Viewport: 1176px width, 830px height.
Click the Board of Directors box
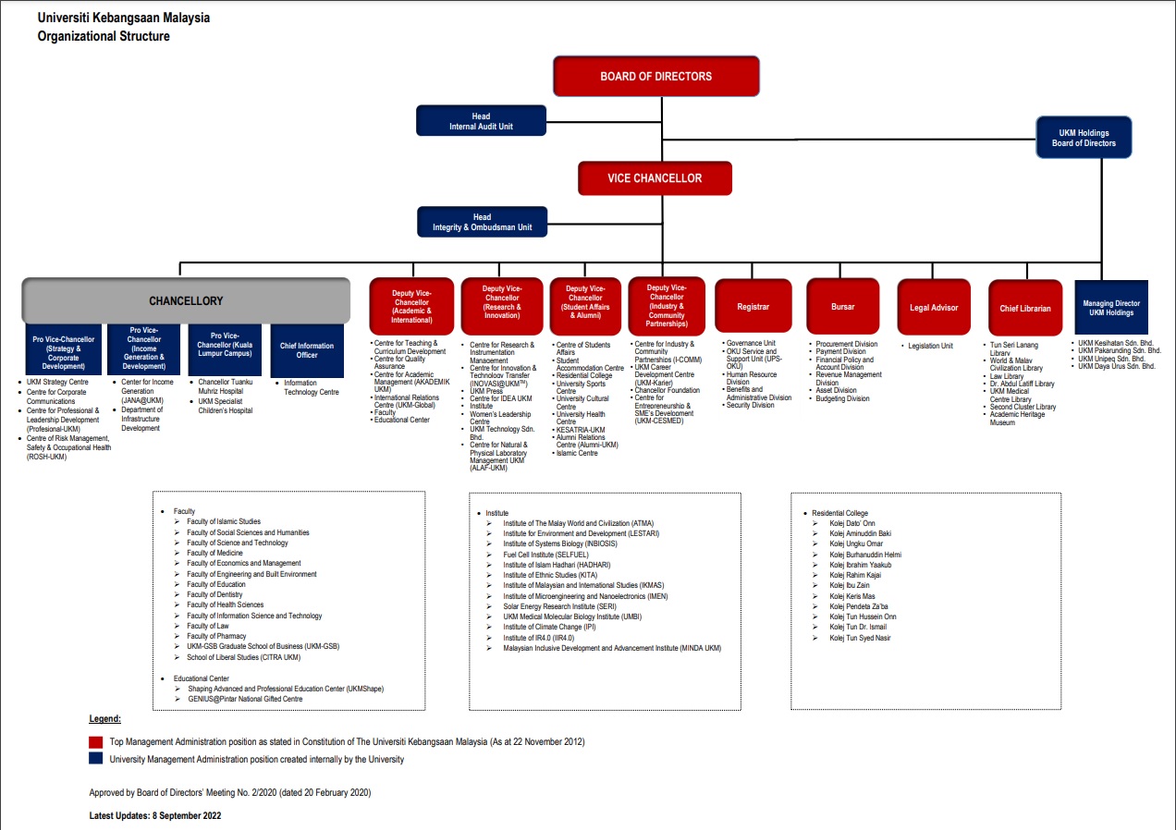click(655, 77)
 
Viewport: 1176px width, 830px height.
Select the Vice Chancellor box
click(655, 178)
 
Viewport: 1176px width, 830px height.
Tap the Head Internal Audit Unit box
click(481, 121)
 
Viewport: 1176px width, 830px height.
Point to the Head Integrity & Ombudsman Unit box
click(481, 222)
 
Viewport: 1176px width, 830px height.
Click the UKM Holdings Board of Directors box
click(1084, 138)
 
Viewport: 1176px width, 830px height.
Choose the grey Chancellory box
click(186, 300)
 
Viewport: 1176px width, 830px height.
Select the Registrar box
click(753, 307)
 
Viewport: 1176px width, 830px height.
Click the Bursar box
click(842, 307)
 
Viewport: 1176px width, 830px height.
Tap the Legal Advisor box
click(934, 307)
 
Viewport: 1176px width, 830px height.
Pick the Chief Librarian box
click(1025, 308)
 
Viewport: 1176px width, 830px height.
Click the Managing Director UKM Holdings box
click(1111, 308)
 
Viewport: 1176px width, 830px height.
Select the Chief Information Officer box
click(307, 349)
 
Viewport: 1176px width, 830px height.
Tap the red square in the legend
click(96, 742)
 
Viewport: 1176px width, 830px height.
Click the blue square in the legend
click(96, 759)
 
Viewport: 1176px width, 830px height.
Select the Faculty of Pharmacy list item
click(216, 636)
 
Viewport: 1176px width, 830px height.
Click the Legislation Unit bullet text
click(930, 347)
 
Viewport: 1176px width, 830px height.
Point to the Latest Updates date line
click(155, 815)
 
